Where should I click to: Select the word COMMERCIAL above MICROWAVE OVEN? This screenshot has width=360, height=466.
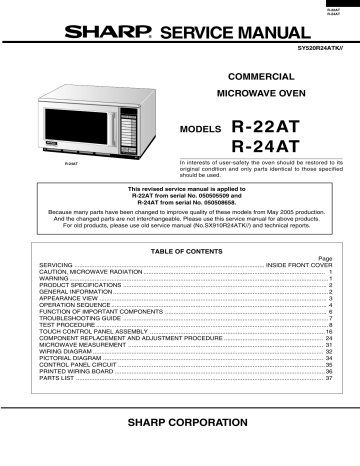(x=260, y=76)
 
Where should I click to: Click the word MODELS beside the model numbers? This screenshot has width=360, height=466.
(x=200, y=131)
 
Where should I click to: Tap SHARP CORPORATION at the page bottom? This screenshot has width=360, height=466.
(x=180, y=425)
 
